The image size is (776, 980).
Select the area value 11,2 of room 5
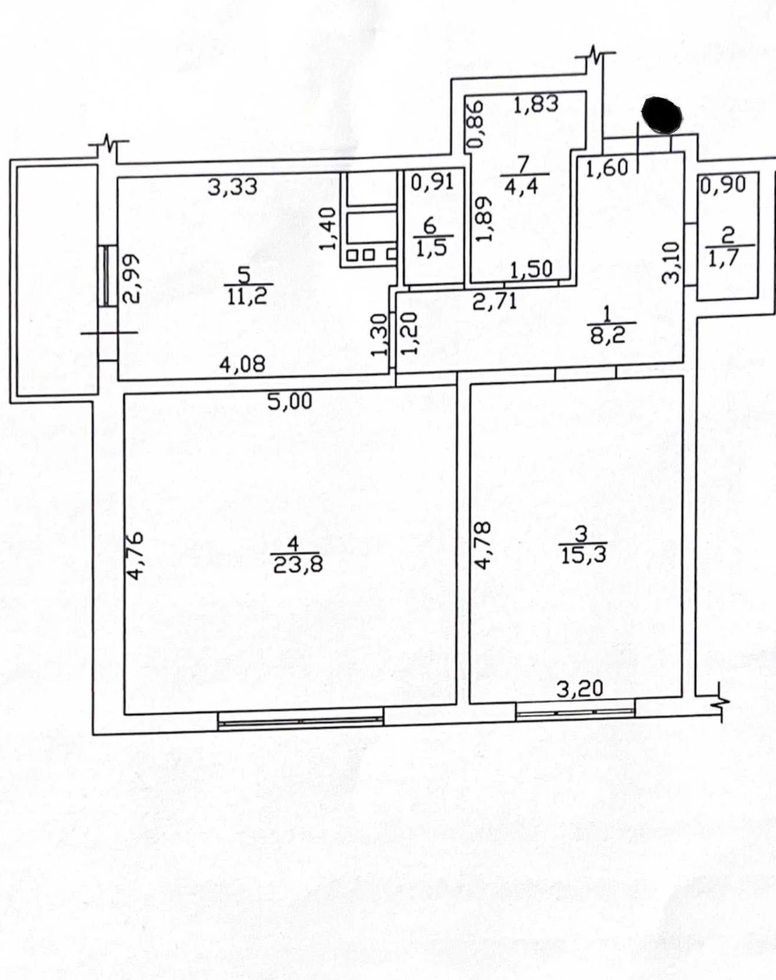click(x=248, y=297)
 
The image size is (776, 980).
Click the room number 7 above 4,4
click(x=523, y=164)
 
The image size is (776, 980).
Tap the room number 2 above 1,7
click(x=729, y=236)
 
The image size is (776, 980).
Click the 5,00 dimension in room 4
click(x=290, y=400)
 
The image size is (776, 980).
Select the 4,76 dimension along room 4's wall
click(x=135, y=555)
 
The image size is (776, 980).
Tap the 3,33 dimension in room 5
click(x=233, y=187)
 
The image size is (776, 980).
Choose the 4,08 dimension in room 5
click(x=242, y=364)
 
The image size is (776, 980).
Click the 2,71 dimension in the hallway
click(x=495, y=302)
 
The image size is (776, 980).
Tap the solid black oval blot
click(x=662, y=115)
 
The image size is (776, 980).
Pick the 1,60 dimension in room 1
click(x=607, y=168)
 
